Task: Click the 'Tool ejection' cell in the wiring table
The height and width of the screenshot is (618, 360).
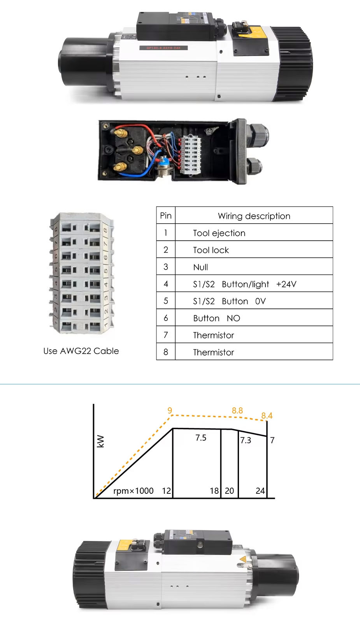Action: pos(219,233)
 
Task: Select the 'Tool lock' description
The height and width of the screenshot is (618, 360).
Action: pos(211,250)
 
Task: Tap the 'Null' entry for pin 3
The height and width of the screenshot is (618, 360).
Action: pos(200,267)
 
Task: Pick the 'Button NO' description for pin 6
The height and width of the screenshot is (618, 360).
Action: pos(216,318)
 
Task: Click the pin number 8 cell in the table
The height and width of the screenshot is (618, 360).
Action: pos(166,352)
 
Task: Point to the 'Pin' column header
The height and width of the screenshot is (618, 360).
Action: pos(166,216)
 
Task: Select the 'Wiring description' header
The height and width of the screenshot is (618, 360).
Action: pos(254,216)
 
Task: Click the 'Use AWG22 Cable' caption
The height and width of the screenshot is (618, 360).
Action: pos(81,351)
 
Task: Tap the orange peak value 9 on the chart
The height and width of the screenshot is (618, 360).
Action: pos(170,410)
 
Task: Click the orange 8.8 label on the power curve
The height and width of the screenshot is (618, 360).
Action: pos(237,410)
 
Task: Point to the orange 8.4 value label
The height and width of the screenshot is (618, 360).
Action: pos(267,416)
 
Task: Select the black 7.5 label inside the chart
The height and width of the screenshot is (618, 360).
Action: pos(201,438)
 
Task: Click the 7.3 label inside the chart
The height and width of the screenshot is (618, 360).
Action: pos(246,440)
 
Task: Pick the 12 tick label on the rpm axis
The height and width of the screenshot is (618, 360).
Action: pos(166,491)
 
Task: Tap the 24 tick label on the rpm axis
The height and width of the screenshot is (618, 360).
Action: pos(260,491)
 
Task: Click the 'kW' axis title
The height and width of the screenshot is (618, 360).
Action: pos(100,441)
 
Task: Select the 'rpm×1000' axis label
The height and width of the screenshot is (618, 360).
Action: pos(133,491)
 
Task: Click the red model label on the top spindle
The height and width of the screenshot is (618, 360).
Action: pos(163,48)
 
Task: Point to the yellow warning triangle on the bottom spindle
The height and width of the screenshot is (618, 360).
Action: pos(243,560)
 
